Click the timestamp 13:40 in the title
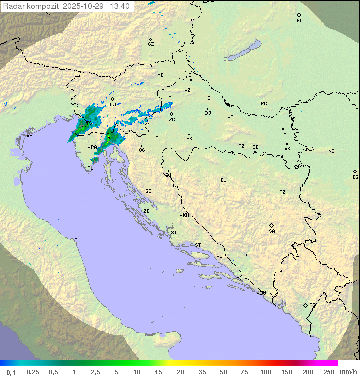click(x=119, y=6)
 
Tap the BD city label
click(x=299, y=21)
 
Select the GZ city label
click(x=151, y=44)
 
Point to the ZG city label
click(x=172, y=120)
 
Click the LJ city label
click(x=113, y=105)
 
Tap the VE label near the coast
click(x=29, y=136)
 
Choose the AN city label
click(x=77, y=240)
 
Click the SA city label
click(x=272, y=231)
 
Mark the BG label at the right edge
click(x=355, y=177)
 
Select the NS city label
click(x=331, y=151)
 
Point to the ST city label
click(x=198, y=245)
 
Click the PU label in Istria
click(x=90, y=169)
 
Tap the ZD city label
click(x=146, y=211)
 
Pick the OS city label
click(x=283, y=134)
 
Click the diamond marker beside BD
click(x=299, y=15)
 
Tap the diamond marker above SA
click(x=271, y=225)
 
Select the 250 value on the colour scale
click(x=329, y=372)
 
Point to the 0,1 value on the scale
click(x=11, y=372)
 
